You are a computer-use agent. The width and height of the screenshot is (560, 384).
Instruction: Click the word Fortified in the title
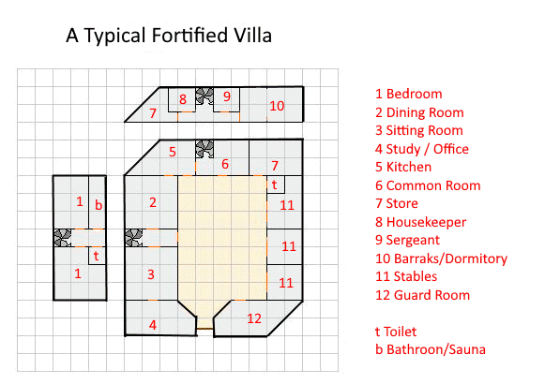click(x=189, y=36)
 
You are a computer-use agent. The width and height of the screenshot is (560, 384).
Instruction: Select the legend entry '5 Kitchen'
click(x=403, y=167)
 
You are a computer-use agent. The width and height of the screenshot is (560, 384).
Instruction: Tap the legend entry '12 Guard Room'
click(x=422, y=295)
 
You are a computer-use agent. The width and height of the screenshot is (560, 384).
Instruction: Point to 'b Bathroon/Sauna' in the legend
click(x=431, y=349)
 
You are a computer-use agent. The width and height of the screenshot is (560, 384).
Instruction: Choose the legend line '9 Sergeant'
click(x=407, y=241)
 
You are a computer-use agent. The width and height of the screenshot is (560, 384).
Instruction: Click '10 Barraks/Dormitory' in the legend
click(x=441, y=258)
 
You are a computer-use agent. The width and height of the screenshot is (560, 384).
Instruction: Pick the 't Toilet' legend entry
click(x=396, y=332)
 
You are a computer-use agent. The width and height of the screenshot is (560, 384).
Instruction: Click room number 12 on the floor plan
click(x=254, y=318)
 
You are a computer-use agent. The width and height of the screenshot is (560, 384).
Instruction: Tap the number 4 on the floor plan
click(x=153, y=325)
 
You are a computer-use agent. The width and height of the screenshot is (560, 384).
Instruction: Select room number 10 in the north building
click(x=277, y=106)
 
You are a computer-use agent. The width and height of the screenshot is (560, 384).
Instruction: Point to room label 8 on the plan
click(x=183, y=99)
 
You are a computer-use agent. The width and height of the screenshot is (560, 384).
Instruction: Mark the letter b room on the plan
click(x=98, y=205)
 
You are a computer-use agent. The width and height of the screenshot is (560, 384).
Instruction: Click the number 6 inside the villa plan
click(x=225, y=164)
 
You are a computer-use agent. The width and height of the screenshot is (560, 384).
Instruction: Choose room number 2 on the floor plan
click(x=153, y=202)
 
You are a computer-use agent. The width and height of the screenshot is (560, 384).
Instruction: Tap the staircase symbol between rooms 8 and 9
click(x=204, y=96)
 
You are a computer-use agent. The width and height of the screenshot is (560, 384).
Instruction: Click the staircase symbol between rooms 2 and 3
click(x=134, y=238)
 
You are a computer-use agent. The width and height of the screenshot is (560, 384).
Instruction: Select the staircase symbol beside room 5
click(x=204, y=149)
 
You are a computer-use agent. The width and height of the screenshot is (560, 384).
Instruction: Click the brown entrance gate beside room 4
click(x=205, y=329)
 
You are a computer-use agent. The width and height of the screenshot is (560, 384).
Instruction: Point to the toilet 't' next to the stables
click(x=274, y=185)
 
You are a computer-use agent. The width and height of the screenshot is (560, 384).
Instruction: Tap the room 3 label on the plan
click(x=151, y=274)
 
